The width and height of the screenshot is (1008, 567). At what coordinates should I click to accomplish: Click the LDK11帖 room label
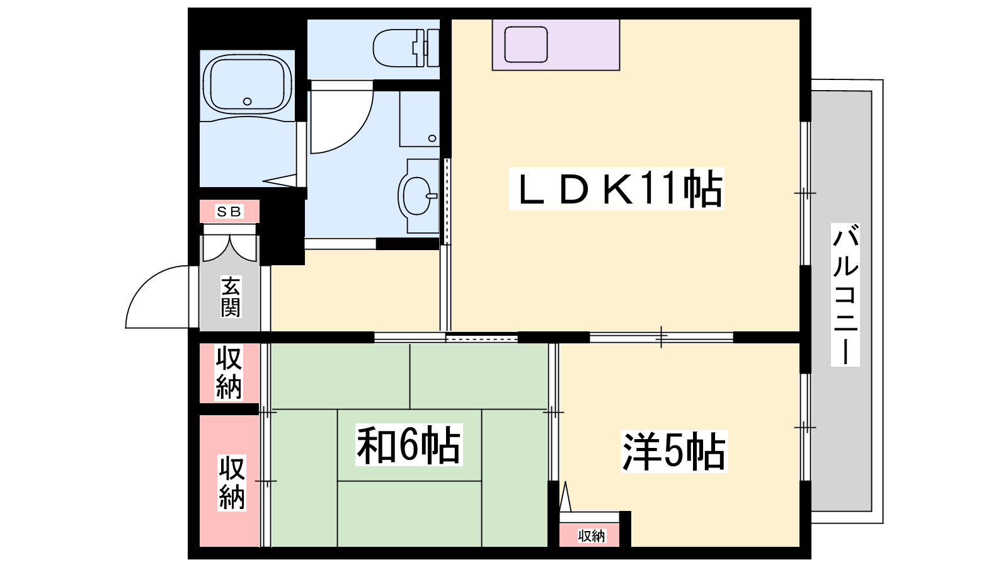click(616, 188)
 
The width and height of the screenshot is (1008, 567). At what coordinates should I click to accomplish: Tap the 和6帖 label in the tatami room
click(409, 445)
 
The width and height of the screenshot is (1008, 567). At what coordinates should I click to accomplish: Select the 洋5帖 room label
click(673, 451)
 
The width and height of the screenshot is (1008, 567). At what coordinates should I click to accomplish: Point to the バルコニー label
click(845, 295)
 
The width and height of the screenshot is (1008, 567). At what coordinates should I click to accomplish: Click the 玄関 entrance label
click(231, 297)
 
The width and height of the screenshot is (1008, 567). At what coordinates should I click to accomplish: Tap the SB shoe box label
click(229, 212)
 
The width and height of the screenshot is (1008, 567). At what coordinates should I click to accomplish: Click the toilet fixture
click(406, 48)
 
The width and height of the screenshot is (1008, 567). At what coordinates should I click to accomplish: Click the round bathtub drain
click(247, 101)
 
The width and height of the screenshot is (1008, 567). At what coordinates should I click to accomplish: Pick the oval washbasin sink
click(418, 196)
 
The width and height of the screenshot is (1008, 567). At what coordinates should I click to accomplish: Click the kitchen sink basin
click(525, 45)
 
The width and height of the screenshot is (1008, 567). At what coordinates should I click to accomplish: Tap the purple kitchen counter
click(556, 45)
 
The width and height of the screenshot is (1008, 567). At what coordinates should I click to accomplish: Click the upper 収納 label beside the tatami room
click(229, 372)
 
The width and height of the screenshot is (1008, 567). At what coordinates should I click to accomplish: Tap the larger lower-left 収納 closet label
click(232, 483)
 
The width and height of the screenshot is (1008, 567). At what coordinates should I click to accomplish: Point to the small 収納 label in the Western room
click(592, 536)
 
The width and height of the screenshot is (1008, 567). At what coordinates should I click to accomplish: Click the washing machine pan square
click(420, 119)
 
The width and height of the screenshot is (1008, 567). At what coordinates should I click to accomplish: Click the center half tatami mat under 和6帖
click(409, 445)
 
